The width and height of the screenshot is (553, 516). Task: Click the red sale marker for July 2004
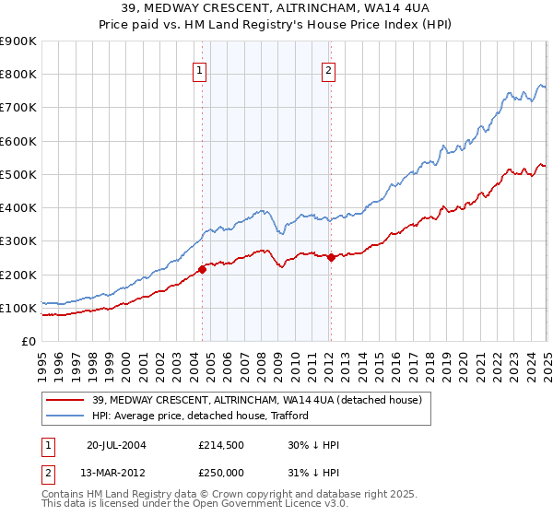pyautogui.click(x=202, y=270)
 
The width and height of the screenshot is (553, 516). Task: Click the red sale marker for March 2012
pyautogui.click(x=331, y=258)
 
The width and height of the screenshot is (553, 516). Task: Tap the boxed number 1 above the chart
pyautogui.click(x=200, y=67)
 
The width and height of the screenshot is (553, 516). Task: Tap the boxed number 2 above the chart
pyautogui.click(x=329, y=67)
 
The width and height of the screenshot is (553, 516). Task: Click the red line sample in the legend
pyautogui.click(x=67, y=400)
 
